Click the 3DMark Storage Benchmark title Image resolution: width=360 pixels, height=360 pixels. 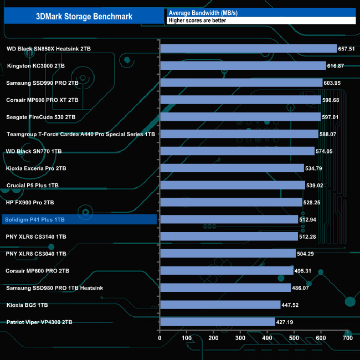tap(84, 16)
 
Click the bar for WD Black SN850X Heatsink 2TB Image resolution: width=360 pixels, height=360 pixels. tap(248, 49)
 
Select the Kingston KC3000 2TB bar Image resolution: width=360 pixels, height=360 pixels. tap(243, 66)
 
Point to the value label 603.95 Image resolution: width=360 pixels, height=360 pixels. tap(335, 83)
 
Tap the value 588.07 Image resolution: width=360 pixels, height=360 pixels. tap(331, 134)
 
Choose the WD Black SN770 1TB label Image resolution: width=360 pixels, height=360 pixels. tap(34, 151)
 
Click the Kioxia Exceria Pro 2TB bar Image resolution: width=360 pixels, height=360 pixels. tap(232, 168)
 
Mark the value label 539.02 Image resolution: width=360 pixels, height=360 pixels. tap(318, 186)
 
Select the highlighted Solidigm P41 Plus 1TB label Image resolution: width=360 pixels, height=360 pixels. tap(35, 220)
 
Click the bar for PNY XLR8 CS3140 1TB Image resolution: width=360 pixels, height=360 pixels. tap(229, 236)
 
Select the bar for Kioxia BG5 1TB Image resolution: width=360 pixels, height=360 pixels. tap(220, 305)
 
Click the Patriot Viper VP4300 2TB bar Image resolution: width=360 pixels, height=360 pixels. tap(217, 322)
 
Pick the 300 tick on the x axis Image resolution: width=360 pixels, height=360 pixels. tap(240, 338)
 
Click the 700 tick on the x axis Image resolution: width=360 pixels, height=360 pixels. tap(348, 338)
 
